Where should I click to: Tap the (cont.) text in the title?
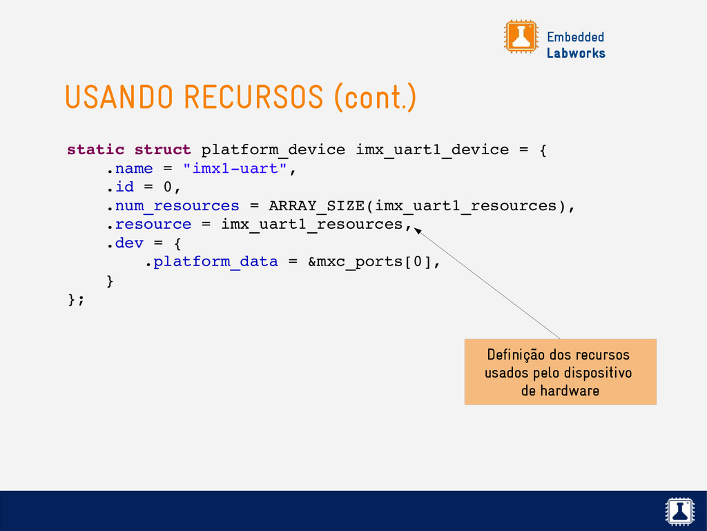pos(375,97)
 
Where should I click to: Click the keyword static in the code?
pos(95,150)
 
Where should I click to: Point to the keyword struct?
pos(162,150)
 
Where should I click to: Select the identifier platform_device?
pos(273,150)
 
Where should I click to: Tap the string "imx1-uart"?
pos(235,169)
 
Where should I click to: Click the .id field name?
pos(119,187)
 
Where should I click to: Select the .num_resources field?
pos(172,206)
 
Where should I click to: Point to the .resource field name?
pos(148,225)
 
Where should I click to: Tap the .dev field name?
pos(124,243)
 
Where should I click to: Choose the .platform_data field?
pos(210,262)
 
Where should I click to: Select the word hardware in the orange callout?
pos(570,391)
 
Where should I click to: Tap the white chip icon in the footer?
pos(680,511)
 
